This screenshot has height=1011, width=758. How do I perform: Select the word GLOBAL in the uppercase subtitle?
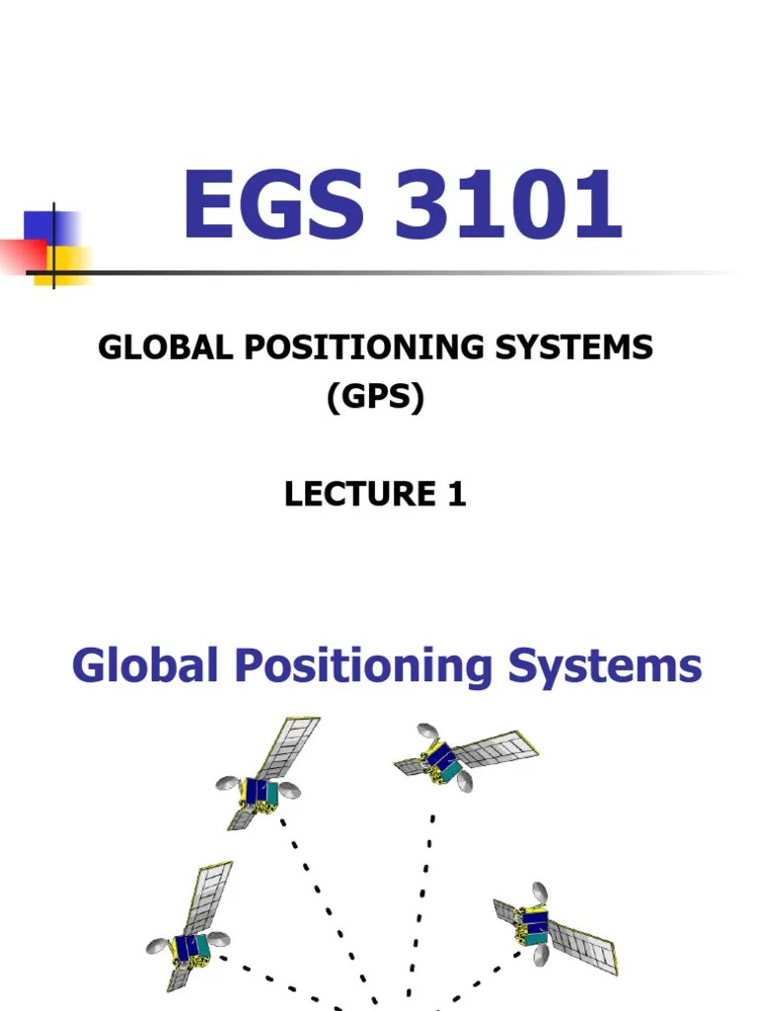(159, 348)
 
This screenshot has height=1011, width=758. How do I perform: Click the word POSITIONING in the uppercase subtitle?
(345, 348)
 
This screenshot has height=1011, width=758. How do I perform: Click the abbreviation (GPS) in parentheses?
(375, 400)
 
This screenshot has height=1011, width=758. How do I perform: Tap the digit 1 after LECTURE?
(456, 494)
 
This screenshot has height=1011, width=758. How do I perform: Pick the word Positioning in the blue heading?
(362, 667)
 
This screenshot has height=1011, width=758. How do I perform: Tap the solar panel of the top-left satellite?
(286, 747)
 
